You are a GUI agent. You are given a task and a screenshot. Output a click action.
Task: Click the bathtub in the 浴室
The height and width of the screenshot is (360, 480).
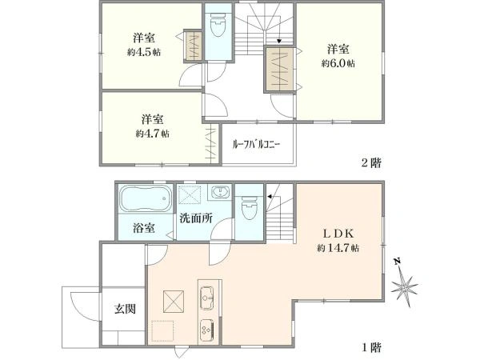(x=145, y=198)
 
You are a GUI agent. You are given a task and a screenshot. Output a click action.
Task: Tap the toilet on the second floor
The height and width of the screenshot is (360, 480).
(x=218, y=26)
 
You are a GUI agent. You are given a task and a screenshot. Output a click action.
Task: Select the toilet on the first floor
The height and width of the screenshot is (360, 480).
(x=249, y=208)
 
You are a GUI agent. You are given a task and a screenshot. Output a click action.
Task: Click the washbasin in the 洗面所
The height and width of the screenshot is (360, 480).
(x=219, y=192)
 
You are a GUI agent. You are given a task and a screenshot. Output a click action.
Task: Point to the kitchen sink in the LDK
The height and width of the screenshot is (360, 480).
(x=208, y=294)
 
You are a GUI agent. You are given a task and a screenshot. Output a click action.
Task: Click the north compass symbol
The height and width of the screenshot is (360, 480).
(x=404, y=283)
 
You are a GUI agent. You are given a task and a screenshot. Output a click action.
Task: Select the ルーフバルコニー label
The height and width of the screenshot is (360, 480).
(x=256, y=144)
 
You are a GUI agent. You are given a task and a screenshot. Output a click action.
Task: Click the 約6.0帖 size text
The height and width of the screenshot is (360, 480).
(x=338, y=63)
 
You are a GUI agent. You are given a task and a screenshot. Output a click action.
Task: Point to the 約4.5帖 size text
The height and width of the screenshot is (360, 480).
(x=144, y=52)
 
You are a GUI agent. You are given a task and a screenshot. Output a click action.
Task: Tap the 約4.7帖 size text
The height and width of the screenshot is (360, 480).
(x=153, y=134)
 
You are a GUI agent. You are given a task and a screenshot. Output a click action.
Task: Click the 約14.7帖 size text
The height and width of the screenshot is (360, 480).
(x=338, y=248)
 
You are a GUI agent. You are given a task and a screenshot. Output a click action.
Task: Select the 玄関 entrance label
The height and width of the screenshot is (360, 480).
(x=125, y=309)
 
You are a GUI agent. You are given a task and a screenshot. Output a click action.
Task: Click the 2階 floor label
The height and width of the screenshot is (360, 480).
(x=371, y=162)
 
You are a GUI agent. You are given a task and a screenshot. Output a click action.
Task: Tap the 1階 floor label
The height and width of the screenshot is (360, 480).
(x=372, y=347)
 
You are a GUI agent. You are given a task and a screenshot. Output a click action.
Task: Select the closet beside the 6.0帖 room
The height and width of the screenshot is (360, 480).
(x=279, y=69)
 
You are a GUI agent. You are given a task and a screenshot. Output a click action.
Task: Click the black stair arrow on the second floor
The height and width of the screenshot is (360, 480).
(x=279, y=41)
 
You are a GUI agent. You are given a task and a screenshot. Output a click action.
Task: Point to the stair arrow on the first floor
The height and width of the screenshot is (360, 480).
(x=270, y=196)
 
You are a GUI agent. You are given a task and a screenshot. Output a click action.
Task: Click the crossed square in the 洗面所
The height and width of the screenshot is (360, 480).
(x=189, y=194)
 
